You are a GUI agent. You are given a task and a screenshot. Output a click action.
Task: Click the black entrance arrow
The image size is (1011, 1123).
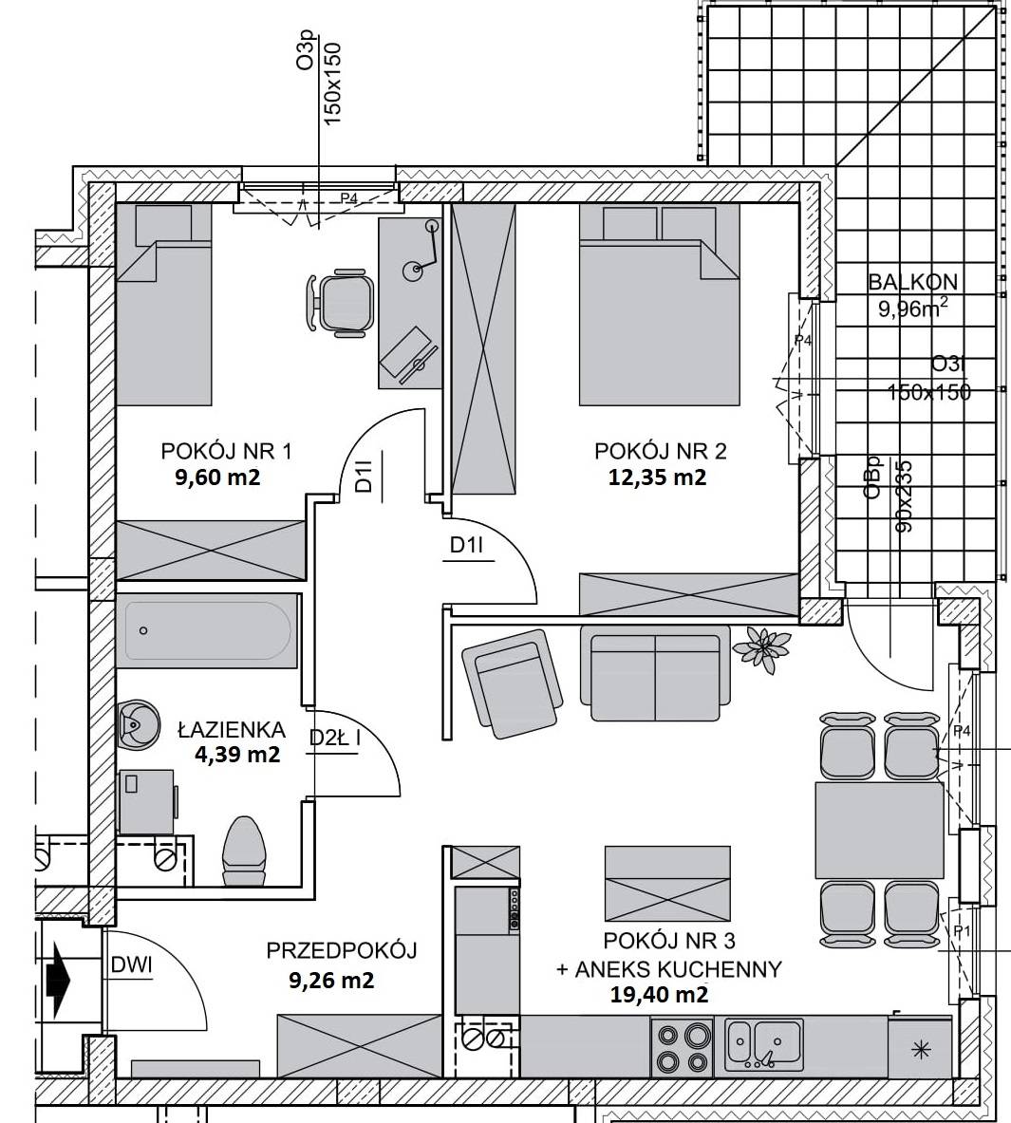pos(56,975)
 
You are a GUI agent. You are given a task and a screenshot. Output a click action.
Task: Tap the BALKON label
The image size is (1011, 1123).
pos(912,282)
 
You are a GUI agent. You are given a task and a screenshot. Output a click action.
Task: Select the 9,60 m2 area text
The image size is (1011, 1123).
pos(217,477)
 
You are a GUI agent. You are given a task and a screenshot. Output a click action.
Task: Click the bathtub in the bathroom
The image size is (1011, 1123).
pos(208,630)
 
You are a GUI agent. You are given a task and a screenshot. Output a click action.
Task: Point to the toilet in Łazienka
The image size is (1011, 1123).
pos(245,853)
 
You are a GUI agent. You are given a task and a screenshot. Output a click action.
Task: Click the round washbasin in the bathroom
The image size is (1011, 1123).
pos(138,724)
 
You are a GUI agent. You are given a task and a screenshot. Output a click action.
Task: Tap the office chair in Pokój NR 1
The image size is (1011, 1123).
pos(340,301)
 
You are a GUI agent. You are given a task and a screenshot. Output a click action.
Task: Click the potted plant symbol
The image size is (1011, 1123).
pos(762,647)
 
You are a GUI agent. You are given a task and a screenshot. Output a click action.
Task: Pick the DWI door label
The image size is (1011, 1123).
pos(132,965)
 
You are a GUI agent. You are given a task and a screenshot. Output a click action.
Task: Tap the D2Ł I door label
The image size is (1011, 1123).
pos(334,737)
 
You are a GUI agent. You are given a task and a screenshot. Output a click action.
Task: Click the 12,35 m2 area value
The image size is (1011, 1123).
pos(657,477)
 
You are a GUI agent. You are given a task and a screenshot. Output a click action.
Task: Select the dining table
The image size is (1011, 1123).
pos(879,830)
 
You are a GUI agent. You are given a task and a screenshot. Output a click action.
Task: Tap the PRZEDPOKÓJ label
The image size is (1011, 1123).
pos(342,950)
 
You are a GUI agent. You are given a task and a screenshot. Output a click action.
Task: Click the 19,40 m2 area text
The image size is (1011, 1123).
pos(660,994)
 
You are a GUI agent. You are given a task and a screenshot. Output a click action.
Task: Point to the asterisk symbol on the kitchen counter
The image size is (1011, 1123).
pos(920,1051)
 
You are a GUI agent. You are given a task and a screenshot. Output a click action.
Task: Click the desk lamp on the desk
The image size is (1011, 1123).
pos(423,251)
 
